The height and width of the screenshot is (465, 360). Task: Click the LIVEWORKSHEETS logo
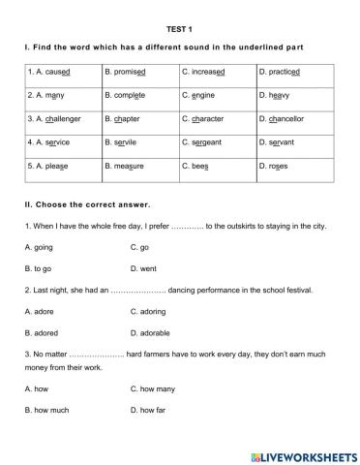pos(303,454)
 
